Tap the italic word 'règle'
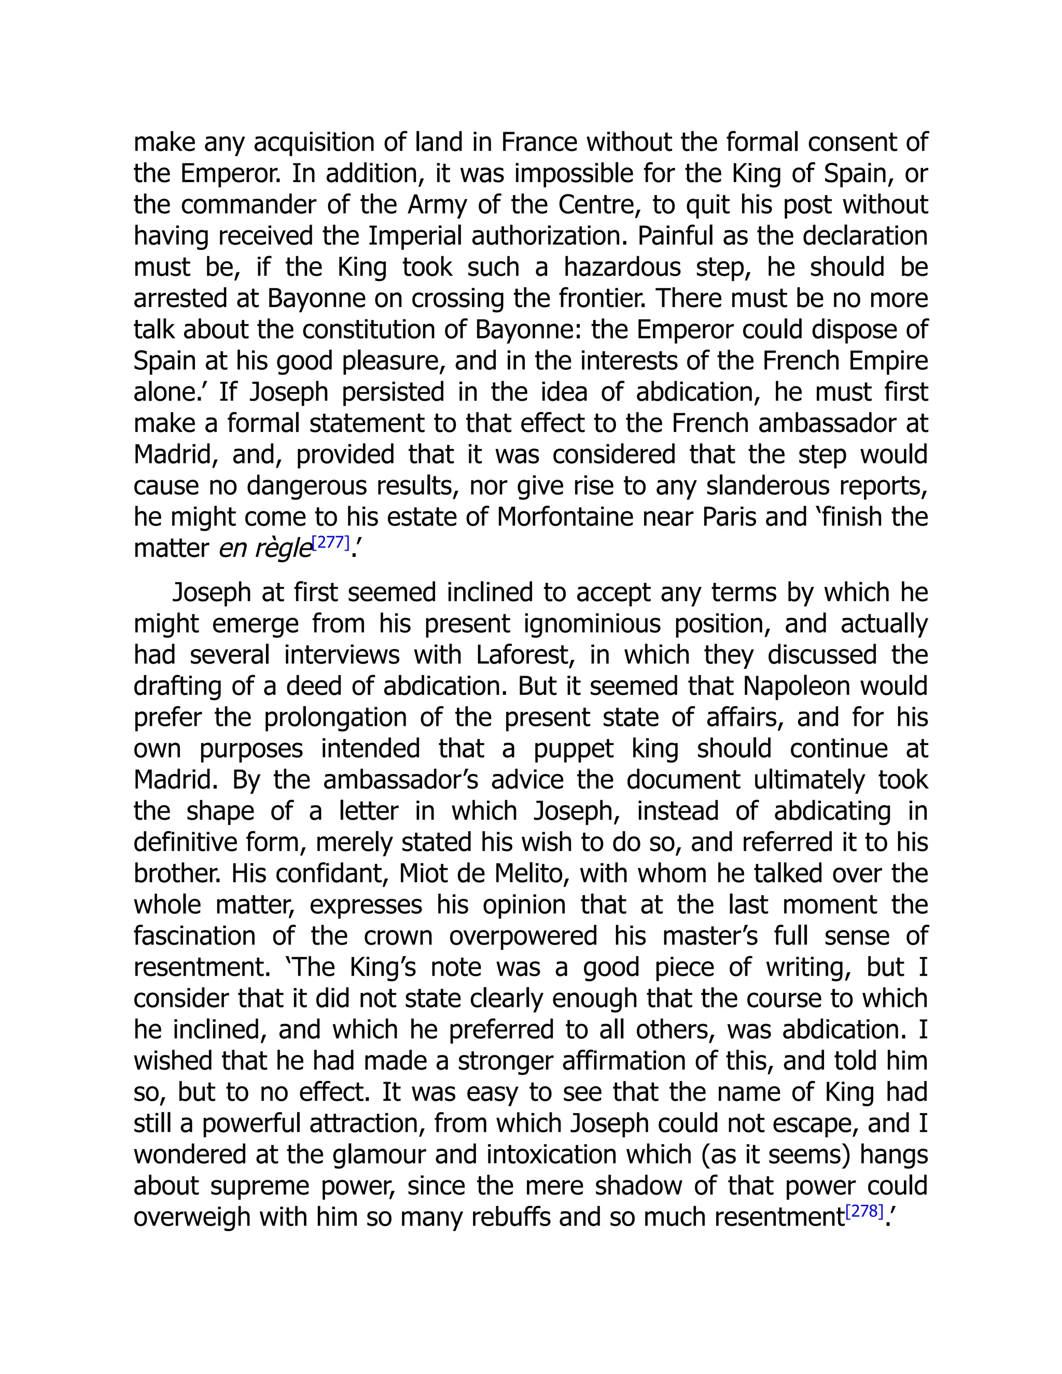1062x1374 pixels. (x=284, y=549)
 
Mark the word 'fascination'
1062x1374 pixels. (x=194, y=936)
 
